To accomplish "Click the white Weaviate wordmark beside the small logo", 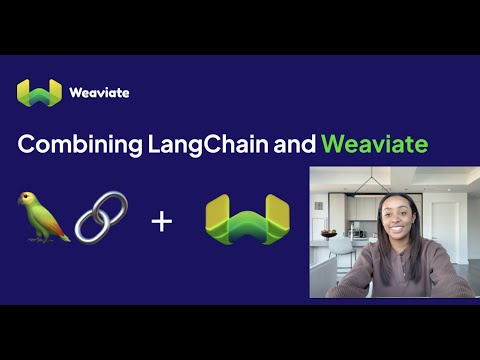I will (x=99, y=93).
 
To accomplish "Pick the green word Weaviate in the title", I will (x=375, y=144).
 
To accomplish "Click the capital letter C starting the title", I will (x=27, y=144).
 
